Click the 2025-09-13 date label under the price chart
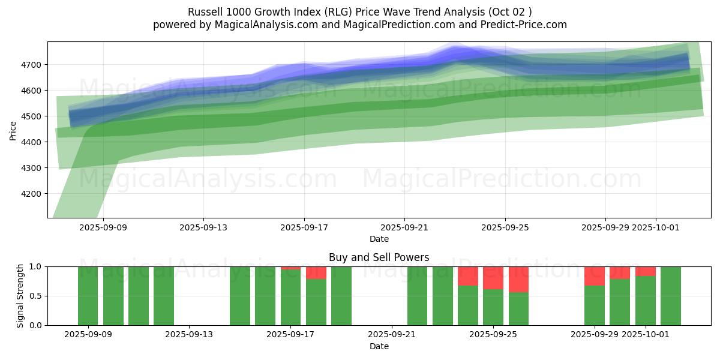pos(203,227)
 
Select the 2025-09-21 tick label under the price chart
pos(404,227)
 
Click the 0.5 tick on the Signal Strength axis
pos(36,296)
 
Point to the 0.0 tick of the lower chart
pos(36,325)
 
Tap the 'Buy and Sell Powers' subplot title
pos(379,257)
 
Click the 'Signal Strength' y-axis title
pos(20,296)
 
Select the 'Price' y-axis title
pos(13,130)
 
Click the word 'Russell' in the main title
pos(205,12)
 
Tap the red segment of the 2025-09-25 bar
pos(493,278)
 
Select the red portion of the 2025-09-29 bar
pos(594,276)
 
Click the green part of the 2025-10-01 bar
pos(646,301)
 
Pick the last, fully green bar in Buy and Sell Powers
pos(671,296)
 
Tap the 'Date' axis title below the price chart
pos(379,239)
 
